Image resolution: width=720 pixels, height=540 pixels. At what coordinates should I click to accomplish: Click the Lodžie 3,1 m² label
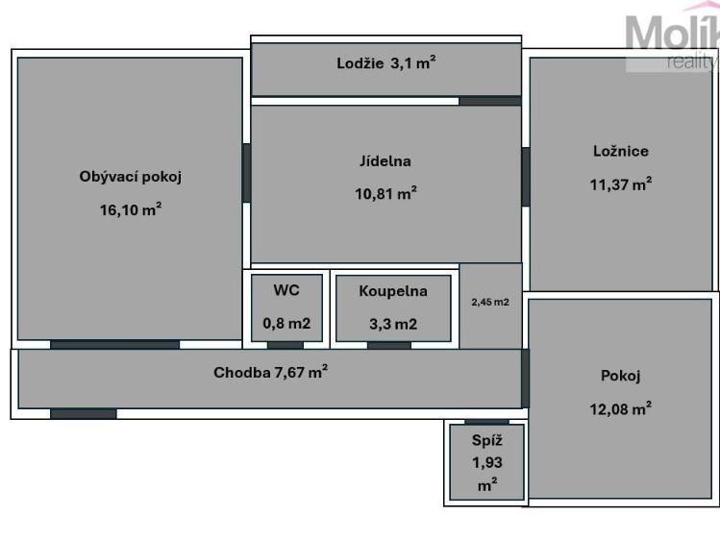(386, 64)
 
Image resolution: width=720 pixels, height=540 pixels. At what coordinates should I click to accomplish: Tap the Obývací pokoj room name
(131, 177)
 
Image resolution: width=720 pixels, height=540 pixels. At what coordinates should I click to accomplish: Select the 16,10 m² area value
(131, 210)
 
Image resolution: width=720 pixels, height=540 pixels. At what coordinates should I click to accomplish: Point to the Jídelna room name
(385, 161)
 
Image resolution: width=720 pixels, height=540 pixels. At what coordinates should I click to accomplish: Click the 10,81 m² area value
(385, 192)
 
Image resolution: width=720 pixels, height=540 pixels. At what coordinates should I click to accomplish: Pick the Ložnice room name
(621, 151)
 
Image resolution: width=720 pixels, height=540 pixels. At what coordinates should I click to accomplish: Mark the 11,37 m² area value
(621, 184)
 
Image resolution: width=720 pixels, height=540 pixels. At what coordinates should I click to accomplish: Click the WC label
(286, 290)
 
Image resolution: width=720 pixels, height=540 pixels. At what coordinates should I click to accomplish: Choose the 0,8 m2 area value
(286, 323)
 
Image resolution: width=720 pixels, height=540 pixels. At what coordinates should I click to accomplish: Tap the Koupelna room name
(392, 290)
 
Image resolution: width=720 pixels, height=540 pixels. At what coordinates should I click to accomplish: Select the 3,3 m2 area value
(392, 323)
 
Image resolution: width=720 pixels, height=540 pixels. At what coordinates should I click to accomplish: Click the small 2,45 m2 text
(490, 302)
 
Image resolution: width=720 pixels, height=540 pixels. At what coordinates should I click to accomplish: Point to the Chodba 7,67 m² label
(270, 373)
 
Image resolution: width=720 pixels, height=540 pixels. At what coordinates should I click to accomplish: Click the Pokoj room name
(620, 376)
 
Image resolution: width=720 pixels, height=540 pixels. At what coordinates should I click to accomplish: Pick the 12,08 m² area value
(620, 408)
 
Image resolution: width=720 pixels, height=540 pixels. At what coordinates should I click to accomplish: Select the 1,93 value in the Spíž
(486, 462)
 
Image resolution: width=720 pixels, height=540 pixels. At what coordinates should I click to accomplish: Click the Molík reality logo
(672, 43)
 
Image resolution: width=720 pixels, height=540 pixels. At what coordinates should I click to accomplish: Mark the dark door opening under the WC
(286, 345)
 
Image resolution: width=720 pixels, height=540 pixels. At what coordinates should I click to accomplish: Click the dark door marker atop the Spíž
(486, 421)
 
